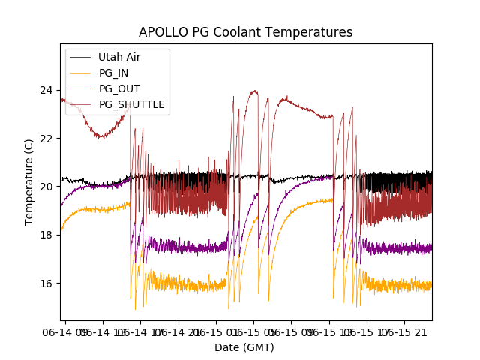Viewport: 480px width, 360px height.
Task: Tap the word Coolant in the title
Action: [235, 33]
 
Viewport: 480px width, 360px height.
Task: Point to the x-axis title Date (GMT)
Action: [244, 347]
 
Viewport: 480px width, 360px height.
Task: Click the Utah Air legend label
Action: [119, 57]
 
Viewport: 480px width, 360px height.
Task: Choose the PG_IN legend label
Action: [114, 73]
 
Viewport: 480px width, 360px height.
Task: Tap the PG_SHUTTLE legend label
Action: [131, 104]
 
